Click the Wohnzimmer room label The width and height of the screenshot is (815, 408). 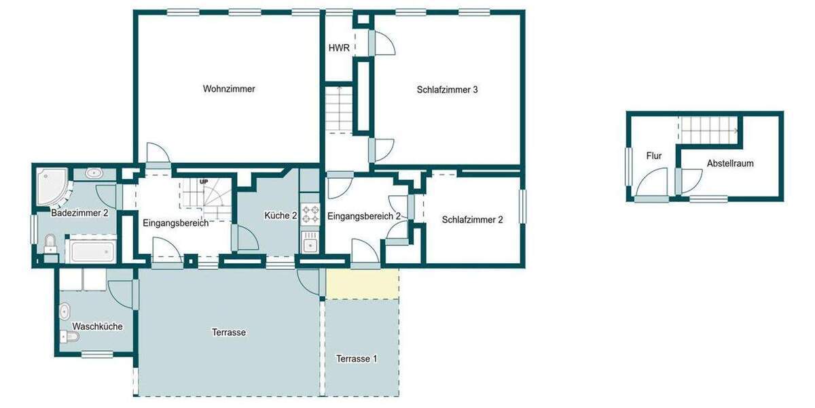[229, 88]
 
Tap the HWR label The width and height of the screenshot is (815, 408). [339, 48]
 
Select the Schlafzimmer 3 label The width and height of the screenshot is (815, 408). [448, 89]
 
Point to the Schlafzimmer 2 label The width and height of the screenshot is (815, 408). [472, 220]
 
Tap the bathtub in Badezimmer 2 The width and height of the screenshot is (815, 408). [90, 251]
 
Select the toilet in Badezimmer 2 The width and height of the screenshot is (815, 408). [50, 243]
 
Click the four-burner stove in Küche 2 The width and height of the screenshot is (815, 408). [310, 214]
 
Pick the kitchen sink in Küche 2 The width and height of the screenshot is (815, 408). [310, 243]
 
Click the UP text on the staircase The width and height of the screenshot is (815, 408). [204, 182]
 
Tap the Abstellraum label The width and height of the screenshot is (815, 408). [730, 163]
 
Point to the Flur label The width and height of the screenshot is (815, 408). [654, 156]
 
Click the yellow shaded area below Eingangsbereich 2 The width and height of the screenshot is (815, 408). [362, 284]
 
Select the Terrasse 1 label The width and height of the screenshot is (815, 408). [357, 358]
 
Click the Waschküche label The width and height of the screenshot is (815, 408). [97, 326]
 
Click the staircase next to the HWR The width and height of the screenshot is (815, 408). [338, 109]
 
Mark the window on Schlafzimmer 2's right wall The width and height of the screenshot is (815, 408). [523, 205]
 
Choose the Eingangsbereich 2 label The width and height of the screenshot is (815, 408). [364, 216]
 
